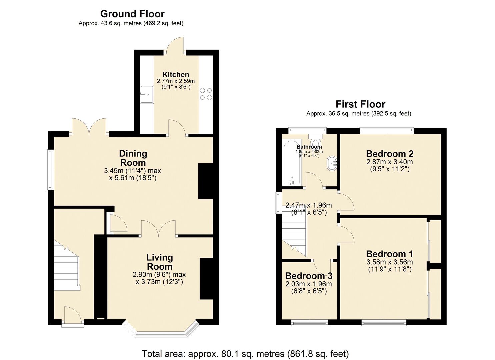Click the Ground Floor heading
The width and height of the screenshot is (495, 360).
coord(132,14)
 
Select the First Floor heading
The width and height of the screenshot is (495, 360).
coord(360,104)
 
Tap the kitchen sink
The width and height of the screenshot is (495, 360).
coord(147,94)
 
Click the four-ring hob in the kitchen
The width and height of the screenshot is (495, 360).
coord(206,94)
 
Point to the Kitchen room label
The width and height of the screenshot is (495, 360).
coord(176,75)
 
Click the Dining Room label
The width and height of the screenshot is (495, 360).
coord(133,158)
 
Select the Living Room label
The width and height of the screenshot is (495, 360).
coord(160,262)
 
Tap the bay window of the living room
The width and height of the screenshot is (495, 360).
coord(161,332)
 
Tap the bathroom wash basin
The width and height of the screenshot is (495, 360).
coord(332,163)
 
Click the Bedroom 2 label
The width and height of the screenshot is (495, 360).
coord(390,154)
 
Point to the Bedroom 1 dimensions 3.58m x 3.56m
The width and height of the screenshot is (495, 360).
coord(390,262)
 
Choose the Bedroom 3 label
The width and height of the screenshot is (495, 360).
coord(309,276)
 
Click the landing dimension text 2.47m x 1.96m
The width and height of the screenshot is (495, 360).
coord(309,205)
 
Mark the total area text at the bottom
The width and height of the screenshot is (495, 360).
coord(245,354)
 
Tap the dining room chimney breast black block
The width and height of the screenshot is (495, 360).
coord(206,181)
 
